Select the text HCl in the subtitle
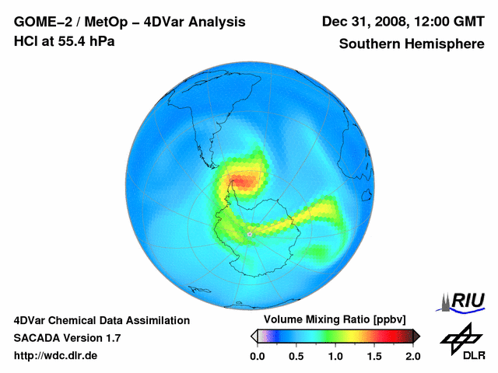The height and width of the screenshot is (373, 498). pyautogui.click(x=26, y=41)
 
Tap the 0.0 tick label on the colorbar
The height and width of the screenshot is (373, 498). pyautogui.click(x=258, y=356)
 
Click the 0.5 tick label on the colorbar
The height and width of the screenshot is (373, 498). pyautogui.click(x=296, y=356)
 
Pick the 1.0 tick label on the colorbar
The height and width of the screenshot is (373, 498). pyautogui.click(x=335, y=356)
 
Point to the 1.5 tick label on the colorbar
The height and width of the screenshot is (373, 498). pyautogui.click(x=374, y=356)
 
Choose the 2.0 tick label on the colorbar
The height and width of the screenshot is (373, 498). pyautogui.click(x=412, y=356)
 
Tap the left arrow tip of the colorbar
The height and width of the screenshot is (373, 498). pyautogui.click(x=254, y=336)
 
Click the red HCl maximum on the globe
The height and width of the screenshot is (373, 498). pyautogui.click(x=245, y=182)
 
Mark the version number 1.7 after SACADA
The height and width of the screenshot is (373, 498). pyautogui.click(x=110, y=338)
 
